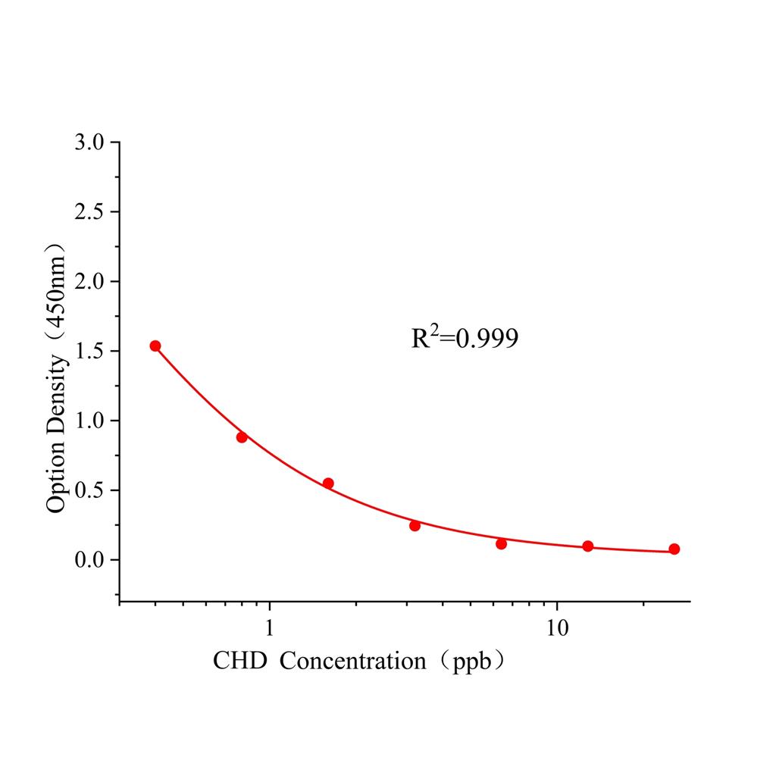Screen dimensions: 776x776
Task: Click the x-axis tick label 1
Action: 270,629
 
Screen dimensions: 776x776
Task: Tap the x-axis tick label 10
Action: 557,629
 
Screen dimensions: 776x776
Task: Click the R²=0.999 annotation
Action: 465,338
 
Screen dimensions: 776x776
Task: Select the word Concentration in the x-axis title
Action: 352,662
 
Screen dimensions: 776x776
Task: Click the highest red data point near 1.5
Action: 155,346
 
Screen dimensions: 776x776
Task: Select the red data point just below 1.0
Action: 242,437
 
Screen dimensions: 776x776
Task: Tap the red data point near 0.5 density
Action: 328,483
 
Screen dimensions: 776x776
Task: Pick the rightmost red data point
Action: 674,549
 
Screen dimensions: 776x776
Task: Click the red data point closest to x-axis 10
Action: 588,546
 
